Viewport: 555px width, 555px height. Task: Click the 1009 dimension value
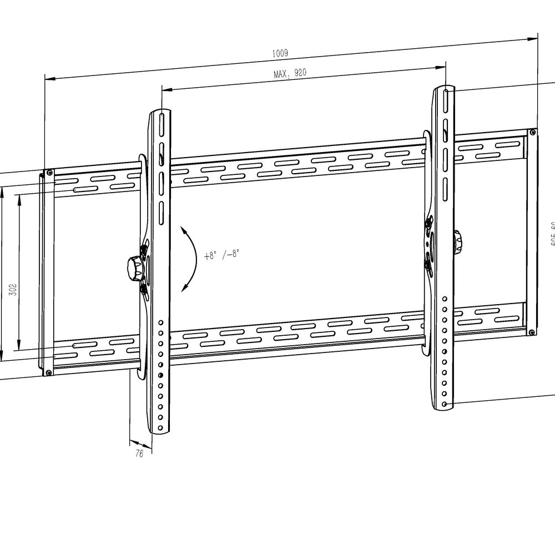click(280, 53)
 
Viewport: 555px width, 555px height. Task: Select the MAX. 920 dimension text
click(290, 73)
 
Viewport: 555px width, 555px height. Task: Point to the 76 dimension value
click(139, 453)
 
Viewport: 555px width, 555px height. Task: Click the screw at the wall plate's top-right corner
click(532, 133)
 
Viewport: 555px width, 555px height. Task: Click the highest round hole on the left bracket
click(160, 321)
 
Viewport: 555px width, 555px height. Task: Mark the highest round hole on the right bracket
click(445, 299)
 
